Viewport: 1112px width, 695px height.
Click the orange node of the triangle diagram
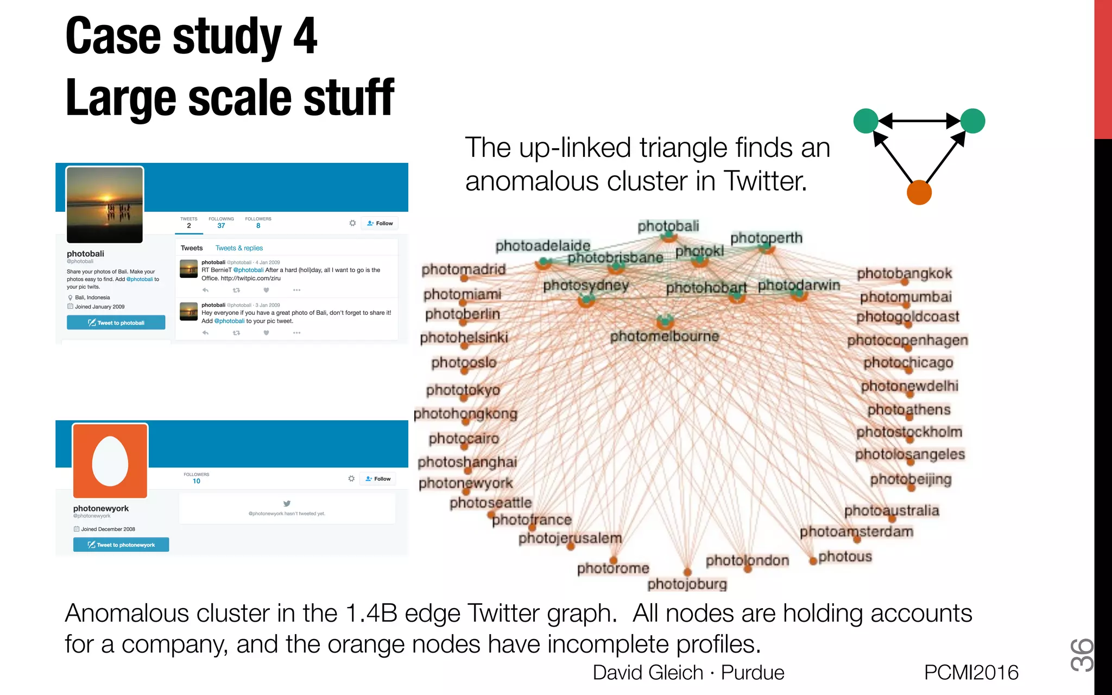point(919,193)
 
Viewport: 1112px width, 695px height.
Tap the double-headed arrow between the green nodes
point(919,121)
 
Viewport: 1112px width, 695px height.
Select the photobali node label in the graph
point(668,226)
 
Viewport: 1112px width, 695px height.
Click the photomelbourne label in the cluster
point(664,337)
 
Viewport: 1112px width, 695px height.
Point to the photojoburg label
point(687,584)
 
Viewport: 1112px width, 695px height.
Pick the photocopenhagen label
point(907,340)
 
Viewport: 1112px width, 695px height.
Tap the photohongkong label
point(465,414)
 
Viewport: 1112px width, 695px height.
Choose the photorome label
point(613,568)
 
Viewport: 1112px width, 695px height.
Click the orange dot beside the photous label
point(813,561)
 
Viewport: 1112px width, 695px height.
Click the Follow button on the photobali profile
point(380,223)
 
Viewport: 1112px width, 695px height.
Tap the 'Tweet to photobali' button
point(116,323)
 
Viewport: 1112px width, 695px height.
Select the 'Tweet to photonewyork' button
point(121,545)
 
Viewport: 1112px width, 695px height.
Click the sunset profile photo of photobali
point(105,205)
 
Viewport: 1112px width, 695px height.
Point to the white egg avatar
point(110,461)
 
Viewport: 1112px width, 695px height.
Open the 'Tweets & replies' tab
point(239,248)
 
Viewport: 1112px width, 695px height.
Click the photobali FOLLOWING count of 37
point(221,225)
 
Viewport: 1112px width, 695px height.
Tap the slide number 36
point(1081,655)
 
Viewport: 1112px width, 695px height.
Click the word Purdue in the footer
point(752,672)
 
